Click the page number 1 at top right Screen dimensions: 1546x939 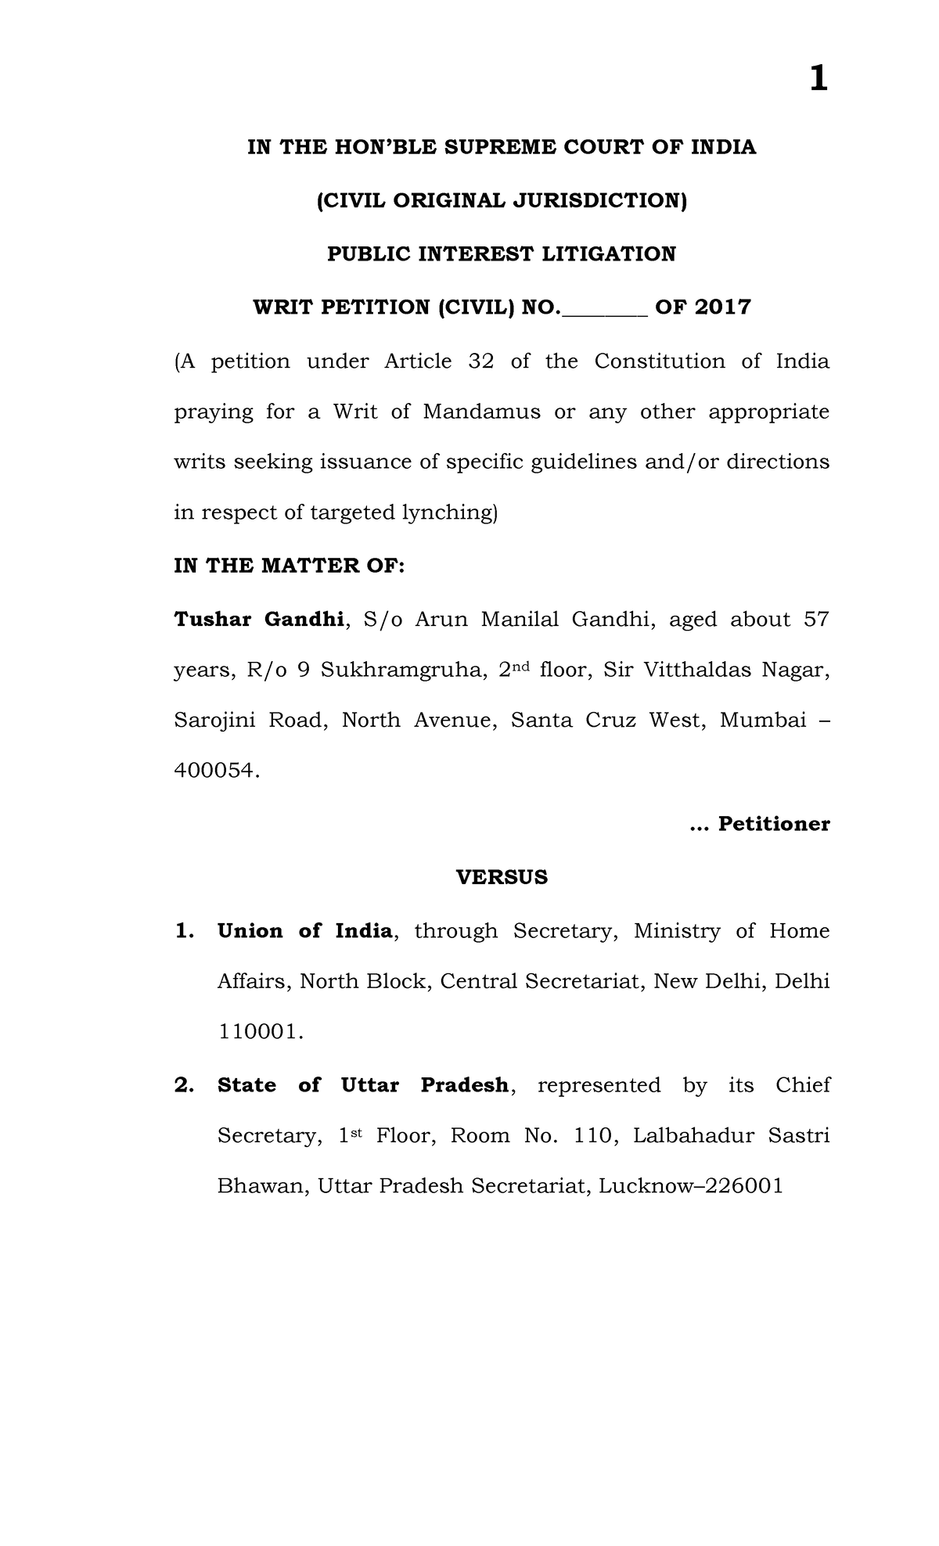(818, 79)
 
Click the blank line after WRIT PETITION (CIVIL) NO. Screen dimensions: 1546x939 (604, 308)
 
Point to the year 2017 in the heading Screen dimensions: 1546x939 (722, 307)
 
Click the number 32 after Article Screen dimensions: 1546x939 (480, 361)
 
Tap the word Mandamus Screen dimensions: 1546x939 (481, 412)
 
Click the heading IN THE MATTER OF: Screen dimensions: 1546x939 (289, 566)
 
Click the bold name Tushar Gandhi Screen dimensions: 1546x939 (258, 620)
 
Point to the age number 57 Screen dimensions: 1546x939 (816, 620)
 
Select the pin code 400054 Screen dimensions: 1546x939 (214, 771)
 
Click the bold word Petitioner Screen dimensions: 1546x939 (773, 824)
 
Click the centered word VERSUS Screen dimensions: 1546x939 (502, 877)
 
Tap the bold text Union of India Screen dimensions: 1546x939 (304, 931)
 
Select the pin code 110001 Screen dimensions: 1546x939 (258, 1032)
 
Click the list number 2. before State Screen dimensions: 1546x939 (184, 1085)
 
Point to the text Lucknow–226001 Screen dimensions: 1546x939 (690, 1186)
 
